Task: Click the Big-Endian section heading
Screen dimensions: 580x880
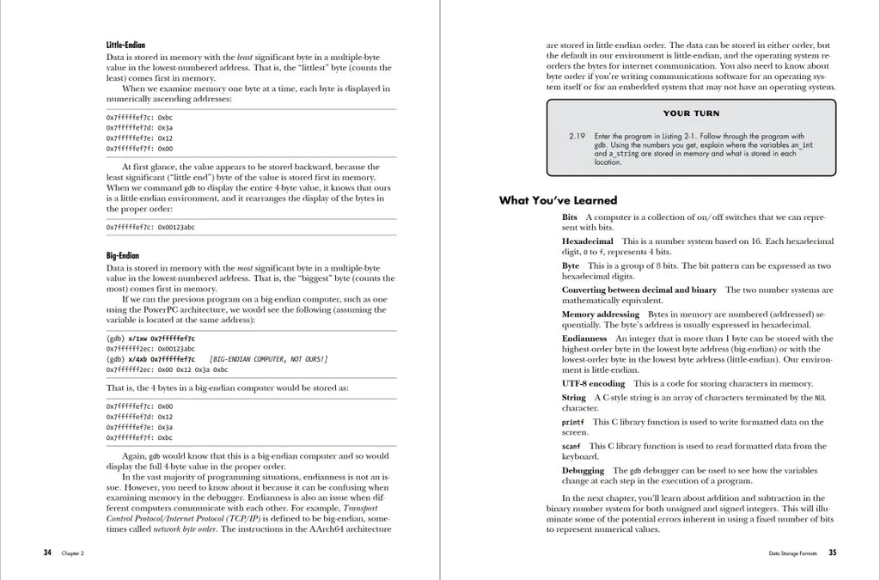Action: [124, 256]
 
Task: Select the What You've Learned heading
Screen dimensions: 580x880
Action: [558, 200]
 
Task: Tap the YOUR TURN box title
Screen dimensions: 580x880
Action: [691, 113]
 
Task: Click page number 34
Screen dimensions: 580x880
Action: [47, 553]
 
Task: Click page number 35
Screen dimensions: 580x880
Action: [832, 553]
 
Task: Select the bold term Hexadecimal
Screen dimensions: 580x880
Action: [588, 241]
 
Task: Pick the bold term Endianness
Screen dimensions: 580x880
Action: [584, 339]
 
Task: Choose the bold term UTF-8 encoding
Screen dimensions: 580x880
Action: [593, 383]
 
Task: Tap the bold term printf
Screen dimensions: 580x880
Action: [572, 422]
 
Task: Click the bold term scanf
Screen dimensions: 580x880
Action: [571, 446]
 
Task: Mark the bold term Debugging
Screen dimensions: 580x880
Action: [583, 470]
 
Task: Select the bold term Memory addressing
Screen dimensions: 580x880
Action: [600, 314]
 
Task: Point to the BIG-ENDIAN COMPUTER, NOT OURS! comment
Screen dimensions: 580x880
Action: [268, 359]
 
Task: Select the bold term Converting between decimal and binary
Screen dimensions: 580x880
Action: [639, 290]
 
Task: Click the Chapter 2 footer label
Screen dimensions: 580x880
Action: [72, 553]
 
